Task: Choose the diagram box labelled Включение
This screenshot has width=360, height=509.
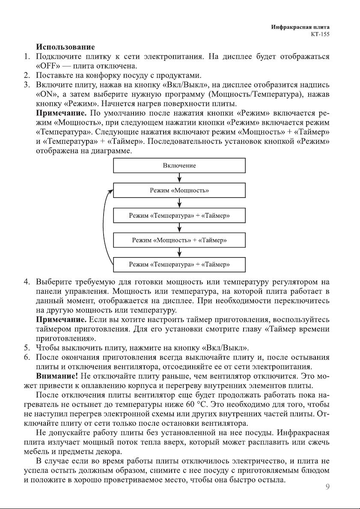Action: [179, 165]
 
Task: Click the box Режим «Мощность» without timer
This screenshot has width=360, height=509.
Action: [179, 190]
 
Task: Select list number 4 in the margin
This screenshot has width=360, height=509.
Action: [26, 282]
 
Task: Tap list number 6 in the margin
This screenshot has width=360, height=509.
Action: [26, 357]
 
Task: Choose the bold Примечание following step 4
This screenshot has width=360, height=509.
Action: [62, 320]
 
